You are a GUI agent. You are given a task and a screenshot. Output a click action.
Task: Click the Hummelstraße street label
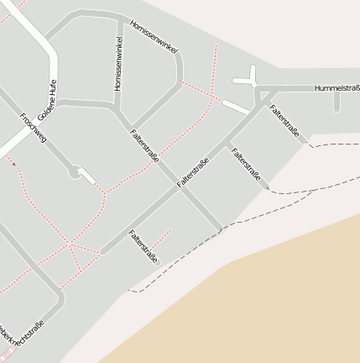337,88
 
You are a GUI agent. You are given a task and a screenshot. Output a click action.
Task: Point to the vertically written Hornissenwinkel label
118,64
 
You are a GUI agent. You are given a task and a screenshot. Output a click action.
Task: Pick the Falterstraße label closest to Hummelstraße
284,120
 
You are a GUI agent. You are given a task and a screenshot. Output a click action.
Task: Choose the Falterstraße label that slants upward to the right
193,171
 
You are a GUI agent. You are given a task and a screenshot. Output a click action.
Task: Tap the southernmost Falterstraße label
143,246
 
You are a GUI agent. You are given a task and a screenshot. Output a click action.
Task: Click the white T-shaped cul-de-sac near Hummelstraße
250,77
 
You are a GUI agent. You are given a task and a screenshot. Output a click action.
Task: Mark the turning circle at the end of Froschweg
75,172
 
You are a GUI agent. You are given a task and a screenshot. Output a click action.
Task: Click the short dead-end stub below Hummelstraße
337,101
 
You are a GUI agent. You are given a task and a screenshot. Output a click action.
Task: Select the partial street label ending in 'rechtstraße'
23,335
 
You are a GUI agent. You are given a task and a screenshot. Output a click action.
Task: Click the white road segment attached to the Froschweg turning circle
88,178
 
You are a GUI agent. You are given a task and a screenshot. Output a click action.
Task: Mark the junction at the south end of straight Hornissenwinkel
117,105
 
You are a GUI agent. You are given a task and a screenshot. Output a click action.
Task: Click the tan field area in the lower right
277,311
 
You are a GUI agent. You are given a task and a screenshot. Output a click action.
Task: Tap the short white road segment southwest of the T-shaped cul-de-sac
236,107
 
